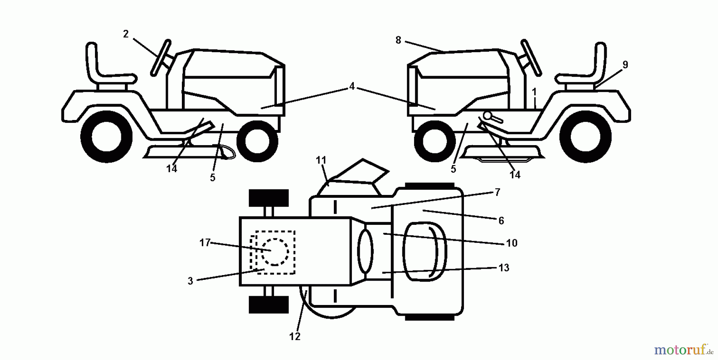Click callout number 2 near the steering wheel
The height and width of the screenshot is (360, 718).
point(126,34)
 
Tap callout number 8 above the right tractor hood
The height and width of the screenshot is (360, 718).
point(398,40)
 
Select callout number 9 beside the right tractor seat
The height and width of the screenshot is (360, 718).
point(625,65)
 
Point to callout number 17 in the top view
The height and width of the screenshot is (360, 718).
point(205,242)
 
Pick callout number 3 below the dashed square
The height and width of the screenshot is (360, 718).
point(190,281)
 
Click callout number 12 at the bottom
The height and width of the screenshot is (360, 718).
point(294,336)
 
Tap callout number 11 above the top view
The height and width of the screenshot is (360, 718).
point(321,160)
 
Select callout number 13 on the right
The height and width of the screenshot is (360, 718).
point(504,268)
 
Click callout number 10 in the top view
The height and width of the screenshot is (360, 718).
point(511,243)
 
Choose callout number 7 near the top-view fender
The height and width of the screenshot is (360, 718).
point(497,193)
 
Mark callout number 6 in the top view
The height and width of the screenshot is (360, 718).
point(501,220)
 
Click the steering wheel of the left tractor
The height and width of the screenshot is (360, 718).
point(161,58)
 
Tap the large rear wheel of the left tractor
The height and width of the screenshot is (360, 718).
point(107,137)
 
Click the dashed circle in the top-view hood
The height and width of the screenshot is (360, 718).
point(275,252)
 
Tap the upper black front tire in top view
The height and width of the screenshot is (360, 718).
point(268,198)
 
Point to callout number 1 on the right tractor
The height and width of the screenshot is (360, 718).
point(534,92)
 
